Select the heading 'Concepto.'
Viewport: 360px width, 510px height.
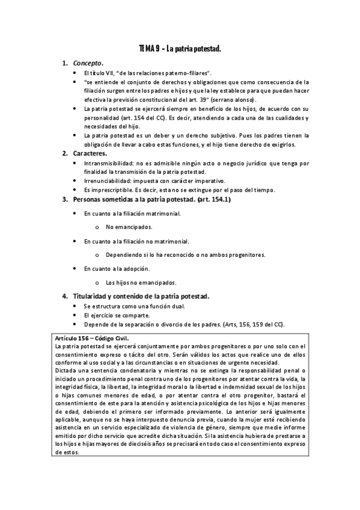click(x=88, y=63)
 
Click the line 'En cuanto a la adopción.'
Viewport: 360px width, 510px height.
click(x=117, y=268)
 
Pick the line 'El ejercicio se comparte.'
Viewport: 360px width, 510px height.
click(x=117, y=315)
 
